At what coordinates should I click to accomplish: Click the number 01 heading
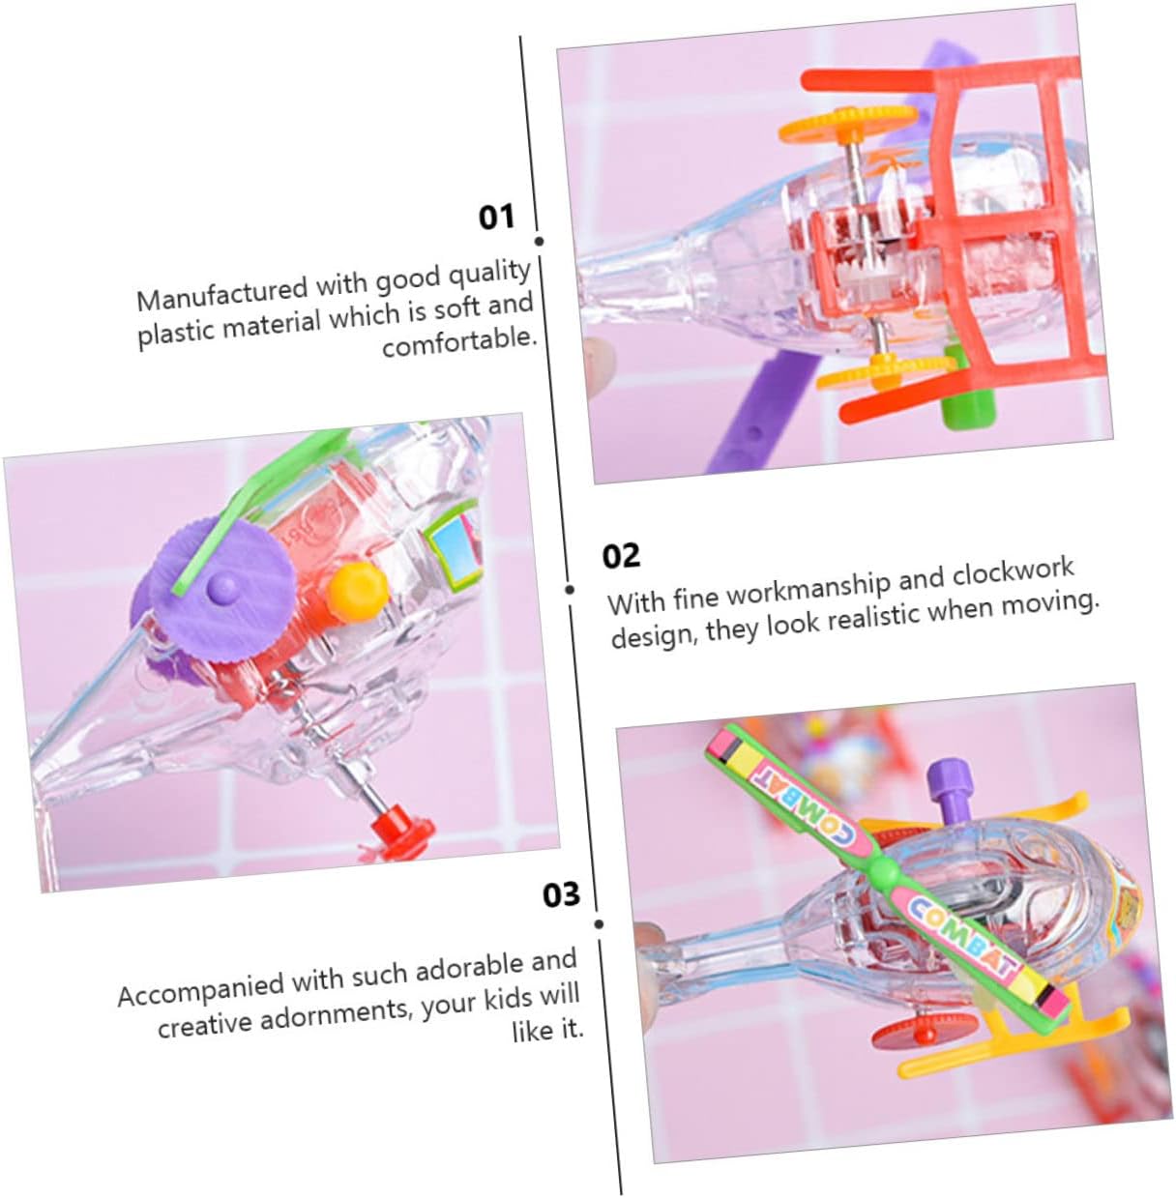click(496, 218)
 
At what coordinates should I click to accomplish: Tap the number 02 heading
click(621, 556)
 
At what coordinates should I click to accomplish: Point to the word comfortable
click(459, 340)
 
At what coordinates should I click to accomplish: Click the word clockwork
click(1013, 572)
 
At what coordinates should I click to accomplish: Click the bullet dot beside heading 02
click(570, 590)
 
